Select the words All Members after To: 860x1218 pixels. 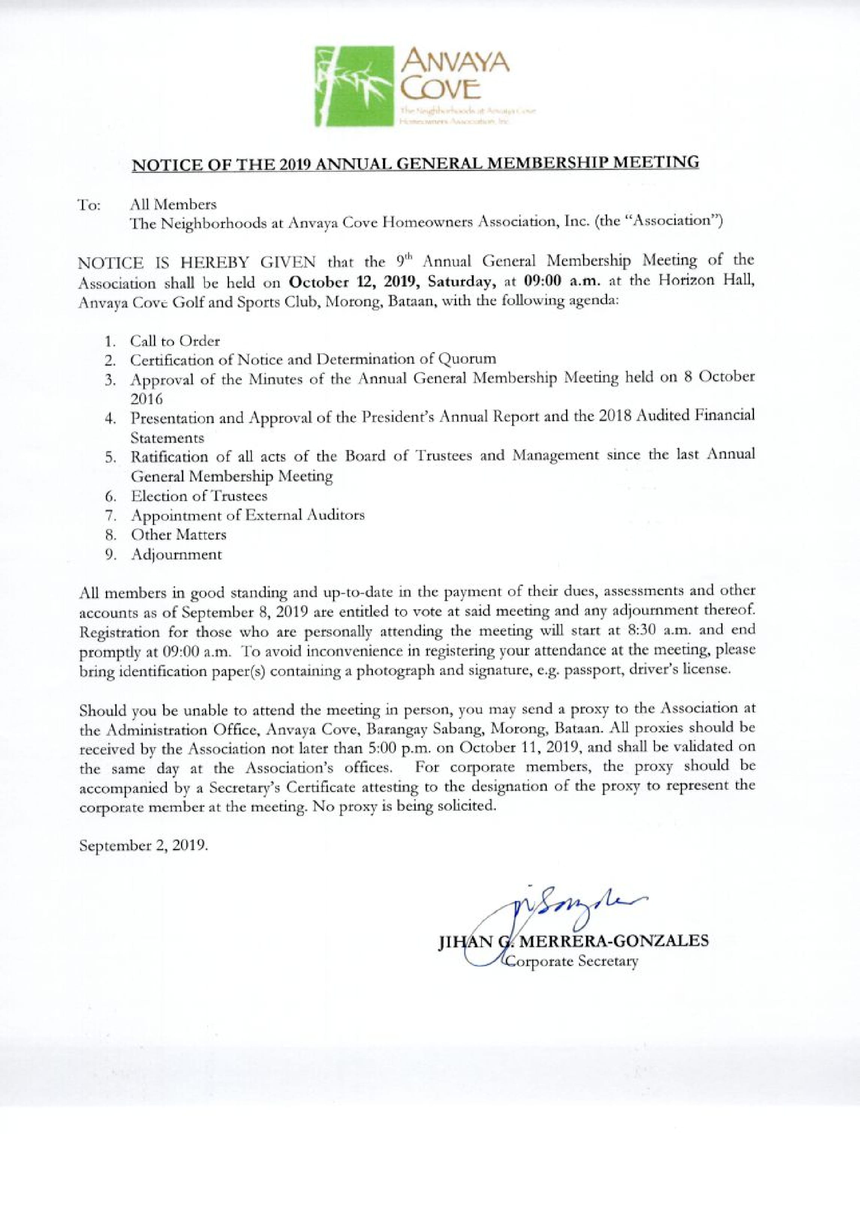coord(173,204)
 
